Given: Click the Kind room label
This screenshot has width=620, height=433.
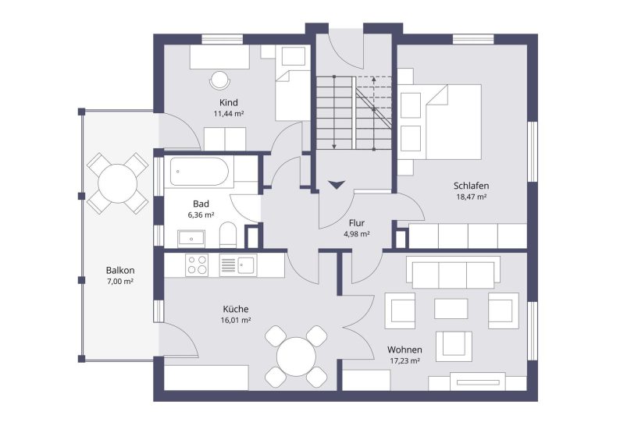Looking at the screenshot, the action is (x=229, y=103).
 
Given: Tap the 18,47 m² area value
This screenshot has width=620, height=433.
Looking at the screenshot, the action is (x=472, y=197).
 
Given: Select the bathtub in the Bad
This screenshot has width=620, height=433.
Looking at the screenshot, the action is (x=199, y=172).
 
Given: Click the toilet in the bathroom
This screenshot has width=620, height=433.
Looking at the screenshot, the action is (x=227, y=235).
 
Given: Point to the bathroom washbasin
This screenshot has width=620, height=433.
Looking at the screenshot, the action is (x=191, y=239).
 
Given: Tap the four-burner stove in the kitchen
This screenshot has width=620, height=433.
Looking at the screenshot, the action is (x=198, y=264).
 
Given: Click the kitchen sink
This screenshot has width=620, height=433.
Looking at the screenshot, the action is (x=238, y=264).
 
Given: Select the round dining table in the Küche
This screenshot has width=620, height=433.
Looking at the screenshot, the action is (x=296, y=357).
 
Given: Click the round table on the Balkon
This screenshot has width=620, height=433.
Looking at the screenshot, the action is (x=117, y=183).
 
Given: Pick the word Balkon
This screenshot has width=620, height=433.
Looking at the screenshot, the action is (x=120, y=271).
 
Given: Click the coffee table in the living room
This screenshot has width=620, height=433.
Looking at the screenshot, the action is (x=451, y=308).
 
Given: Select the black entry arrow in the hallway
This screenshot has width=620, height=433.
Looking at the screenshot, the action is (x=337, y=184).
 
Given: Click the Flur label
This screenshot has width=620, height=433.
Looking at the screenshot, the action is (x=357, y=223).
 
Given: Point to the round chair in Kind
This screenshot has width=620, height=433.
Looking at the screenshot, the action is (x=219, y=80).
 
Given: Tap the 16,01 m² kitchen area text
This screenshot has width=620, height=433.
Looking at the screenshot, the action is (x=236, y=320).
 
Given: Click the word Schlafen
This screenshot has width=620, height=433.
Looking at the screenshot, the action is (x=472, y=186).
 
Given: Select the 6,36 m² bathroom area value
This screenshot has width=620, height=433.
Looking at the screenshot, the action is (x=201, y=215).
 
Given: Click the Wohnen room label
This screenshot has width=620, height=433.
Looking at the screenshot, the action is (x=404, y=350).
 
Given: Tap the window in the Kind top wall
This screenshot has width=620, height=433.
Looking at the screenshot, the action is (x=223, y=39).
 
